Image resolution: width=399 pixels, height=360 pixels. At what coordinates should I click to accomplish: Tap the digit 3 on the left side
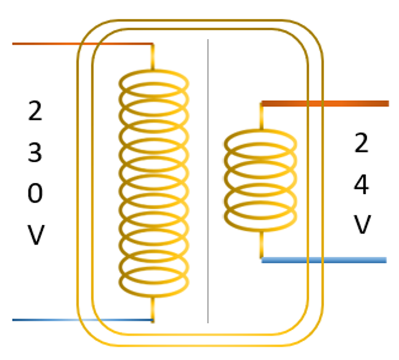36,152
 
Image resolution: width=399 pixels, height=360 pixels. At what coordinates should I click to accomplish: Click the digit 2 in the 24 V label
361,144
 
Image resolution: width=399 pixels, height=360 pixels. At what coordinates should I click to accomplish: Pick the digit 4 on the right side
361,184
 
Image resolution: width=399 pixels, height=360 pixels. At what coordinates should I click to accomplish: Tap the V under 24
361,224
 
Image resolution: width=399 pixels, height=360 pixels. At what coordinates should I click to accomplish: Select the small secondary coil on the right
260,179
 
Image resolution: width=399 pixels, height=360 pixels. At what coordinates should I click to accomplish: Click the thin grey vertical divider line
208,185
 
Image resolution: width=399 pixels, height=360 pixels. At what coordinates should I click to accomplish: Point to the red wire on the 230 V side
80,44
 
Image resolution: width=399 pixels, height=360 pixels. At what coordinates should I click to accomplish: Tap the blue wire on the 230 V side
80,320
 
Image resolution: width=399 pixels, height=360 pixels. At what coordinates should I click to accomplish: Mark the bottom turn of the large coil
153,284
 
